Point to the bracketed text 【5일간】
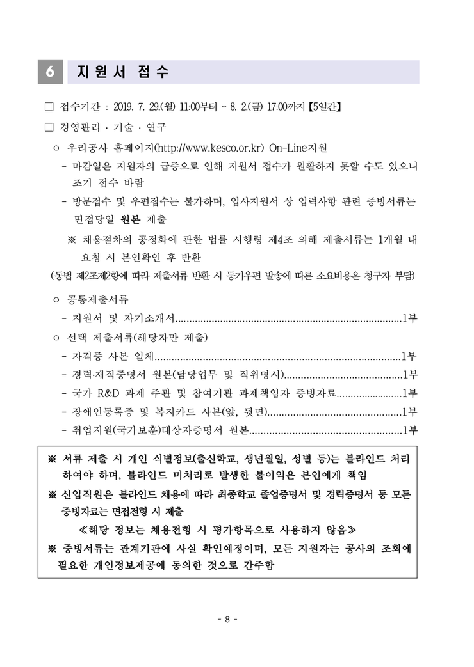325,107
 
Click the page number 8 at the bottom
227,619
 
